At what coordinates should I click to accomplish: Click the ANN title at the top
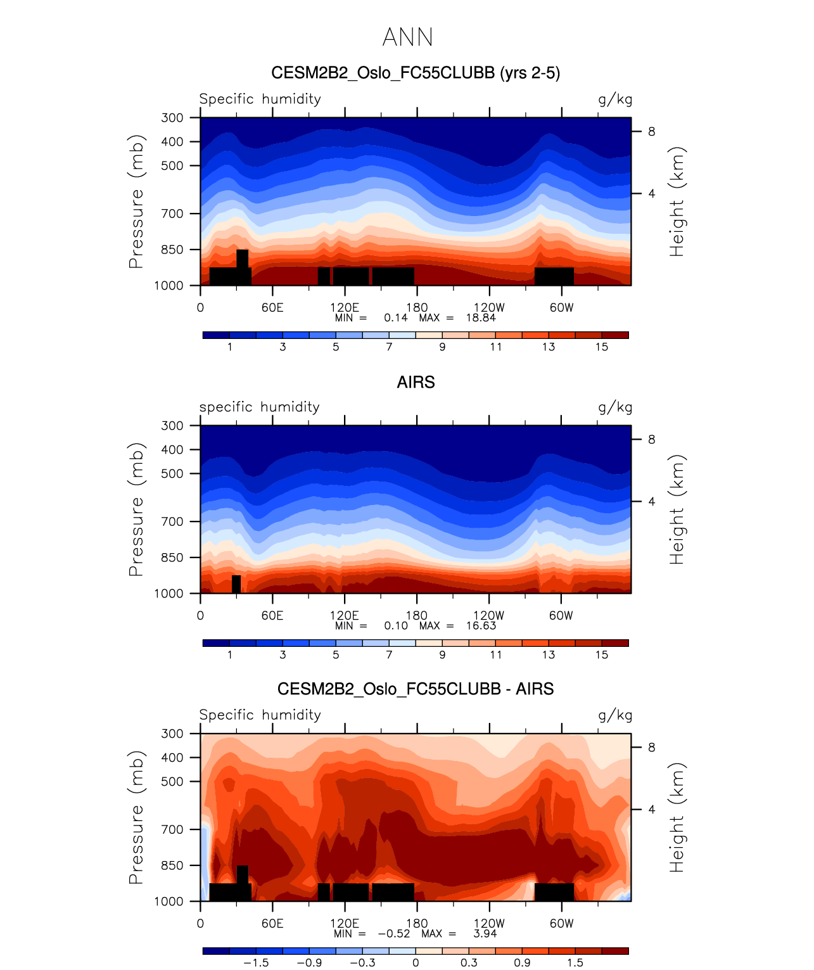pos(407,37)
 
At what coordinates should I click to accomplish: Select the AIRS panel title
pos(416,383)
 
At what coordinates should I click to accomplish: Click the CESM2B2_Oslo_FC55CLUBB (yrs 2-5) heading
pos(416,73)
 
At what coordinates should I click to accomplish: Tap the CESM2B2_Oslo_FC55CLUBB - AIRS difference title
pos(416,689)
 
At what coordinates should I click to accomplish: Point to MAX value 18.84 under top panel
pos(481,318)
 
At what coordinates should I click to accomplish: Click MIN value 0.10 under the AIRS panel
pos(396,626)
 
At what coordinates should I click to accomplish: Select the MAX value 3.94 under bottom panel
pos(485,934)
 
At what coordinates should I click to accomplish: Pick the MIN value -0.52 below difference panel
pos(394,934)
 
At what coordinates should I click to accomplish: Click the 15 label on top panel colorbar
pos(602,347)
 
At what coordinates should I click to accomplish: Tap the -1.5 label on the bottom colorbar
pos(256,963)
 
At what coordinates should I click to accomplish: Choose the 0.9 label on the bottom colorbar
pos(522,963)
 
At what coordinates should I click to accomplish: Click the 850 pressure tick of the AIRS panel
pos(172,558)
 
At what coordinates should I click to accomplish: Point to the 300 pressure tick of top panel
pos(172,118)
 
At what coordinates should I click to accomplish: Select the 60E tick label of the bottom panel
pos(272,924)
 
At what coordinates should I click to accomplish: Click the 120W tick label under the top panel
pos(489,308)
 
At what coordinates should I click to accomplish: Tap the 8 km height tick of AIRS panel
pos(651,440)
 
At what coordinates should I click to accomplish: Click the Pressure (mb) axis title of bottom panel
pos(136,817)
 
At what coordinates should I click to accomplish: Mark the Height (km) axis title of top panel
pos(677,201)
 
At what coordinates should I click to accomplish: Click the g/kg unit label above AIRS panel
pos(615,407)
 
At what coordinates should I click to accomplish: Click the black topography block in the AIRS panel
pos(236,584)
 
